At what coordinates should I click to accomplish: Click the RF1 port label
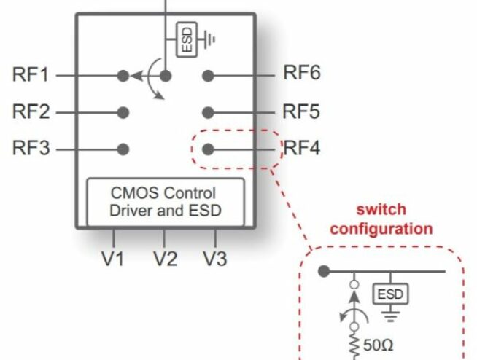(31, 75)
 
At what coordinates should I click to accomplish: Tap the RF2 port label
(31, 111)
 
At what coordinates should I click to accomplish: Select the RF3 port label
(31, 149)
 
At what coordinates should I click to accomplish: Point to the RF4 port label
(302, 149)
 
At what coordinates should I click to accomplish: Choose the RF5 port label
(301, 111)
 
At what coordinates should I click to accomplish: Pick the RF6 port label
(302, 73)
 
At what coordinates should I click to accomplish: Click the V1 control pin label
(113, 259)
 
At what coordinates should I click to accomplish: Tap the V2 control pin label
(165, 259)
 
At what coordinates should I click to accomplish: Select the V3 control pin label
(215, 259)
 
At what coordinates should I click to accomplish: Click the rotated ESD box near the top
(187, 39)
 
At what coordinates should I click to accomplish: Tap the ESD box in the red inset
(391, 294)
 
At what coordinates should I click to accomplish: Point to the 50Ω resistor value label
(378, 345)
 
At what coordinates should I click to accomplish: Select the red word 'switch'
(381, 210)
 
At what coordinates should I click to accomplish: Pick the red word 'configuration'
(381, 229)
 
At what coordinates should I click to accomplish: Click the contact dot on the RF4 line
(208, 149)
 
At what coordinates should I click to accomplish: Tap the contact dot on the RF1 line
(123, 76)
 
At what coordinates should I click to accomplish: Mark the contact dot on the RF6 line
(208, 76)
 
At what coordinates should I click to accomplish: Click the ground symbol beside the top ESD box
(209, 39)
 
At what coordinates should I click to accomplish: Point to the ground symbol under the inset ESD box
(391, 316)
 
